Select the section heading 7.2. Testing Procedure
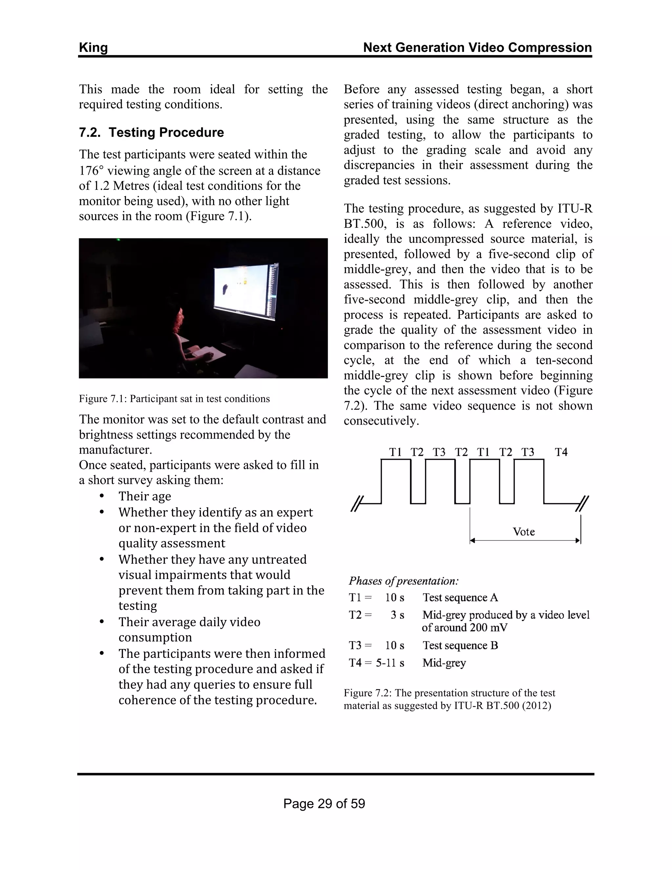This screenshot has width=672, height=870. (151, 132)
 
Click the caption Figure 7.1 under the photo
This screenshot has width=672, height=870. (174, 399)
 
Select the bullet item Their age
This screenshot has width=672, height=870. (144, 496)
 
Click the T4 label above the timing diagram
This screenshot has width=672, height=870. (561, 452)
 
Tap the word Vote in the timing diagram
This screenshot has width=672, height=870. (523, 532)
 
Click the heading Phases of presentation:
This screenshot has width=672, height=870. (404, 581)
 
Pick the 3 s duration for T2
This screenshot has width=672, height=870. (397, 615)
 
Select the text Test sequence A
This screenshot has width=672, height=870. (460, 598)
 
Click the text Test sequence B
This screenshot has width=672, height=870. (460, 645)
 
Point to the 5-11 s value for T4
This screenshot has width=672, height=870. (390, 663)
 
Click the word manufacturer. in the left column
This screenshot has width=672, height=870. (115, 450)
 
